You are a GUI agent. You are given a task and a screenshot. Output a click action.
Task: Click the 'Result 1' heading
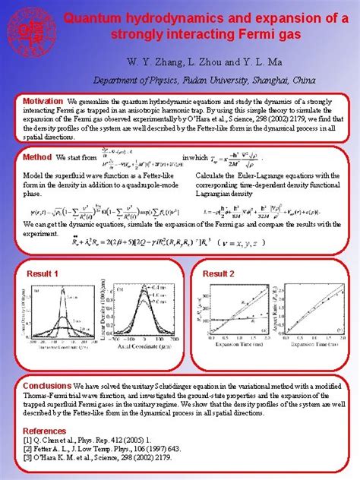coord(43,273)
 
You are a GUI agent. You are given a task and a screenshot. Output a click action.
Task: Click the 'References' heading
coord(45,431)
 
